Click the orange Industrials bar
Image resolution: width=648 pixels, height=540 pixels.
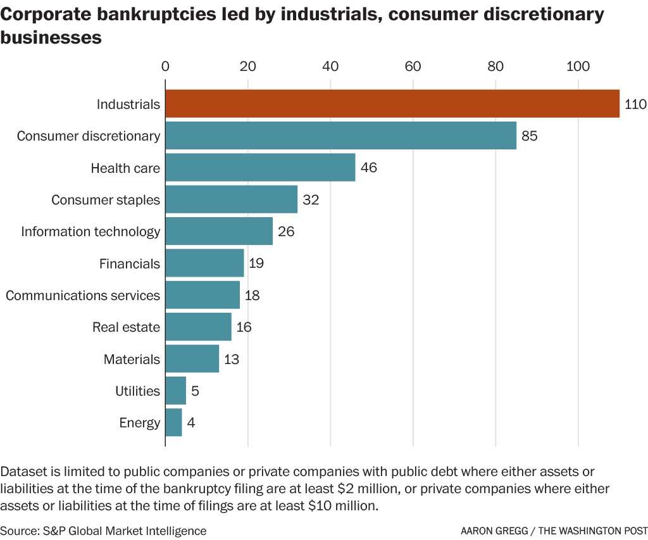(392, 104)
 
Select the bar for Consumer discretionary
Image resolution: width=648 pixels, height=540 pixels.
(340, 135)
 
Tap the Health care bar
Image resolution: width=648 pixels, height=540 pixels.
(260, 168)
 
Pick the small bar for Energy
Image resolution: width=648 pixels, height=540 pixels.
(173, 422)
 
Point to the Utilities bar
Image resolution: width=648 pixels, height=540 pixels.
(175, 391)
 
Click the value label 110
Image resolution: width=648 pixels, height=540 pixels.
(635, 104)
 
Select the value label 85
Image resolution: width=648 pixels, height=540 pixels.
(529, 136)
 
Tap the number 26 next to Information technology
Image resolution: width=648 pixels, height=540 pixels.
(286, 232)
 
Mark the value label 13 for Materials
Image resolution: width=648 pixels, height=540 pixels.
(231, 359)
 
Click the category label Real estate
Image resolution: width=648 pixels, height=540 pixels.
(126, 327)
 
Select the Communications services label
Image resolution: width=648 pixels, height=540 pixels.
(83, 295)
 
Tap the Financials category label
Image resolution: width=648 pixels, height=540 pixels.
(130, 263)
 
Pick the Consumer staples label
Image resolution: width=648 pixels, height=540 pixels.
(106, 200)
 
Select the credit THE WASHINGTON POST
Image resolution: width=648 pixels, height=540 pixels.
(593, 531)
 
